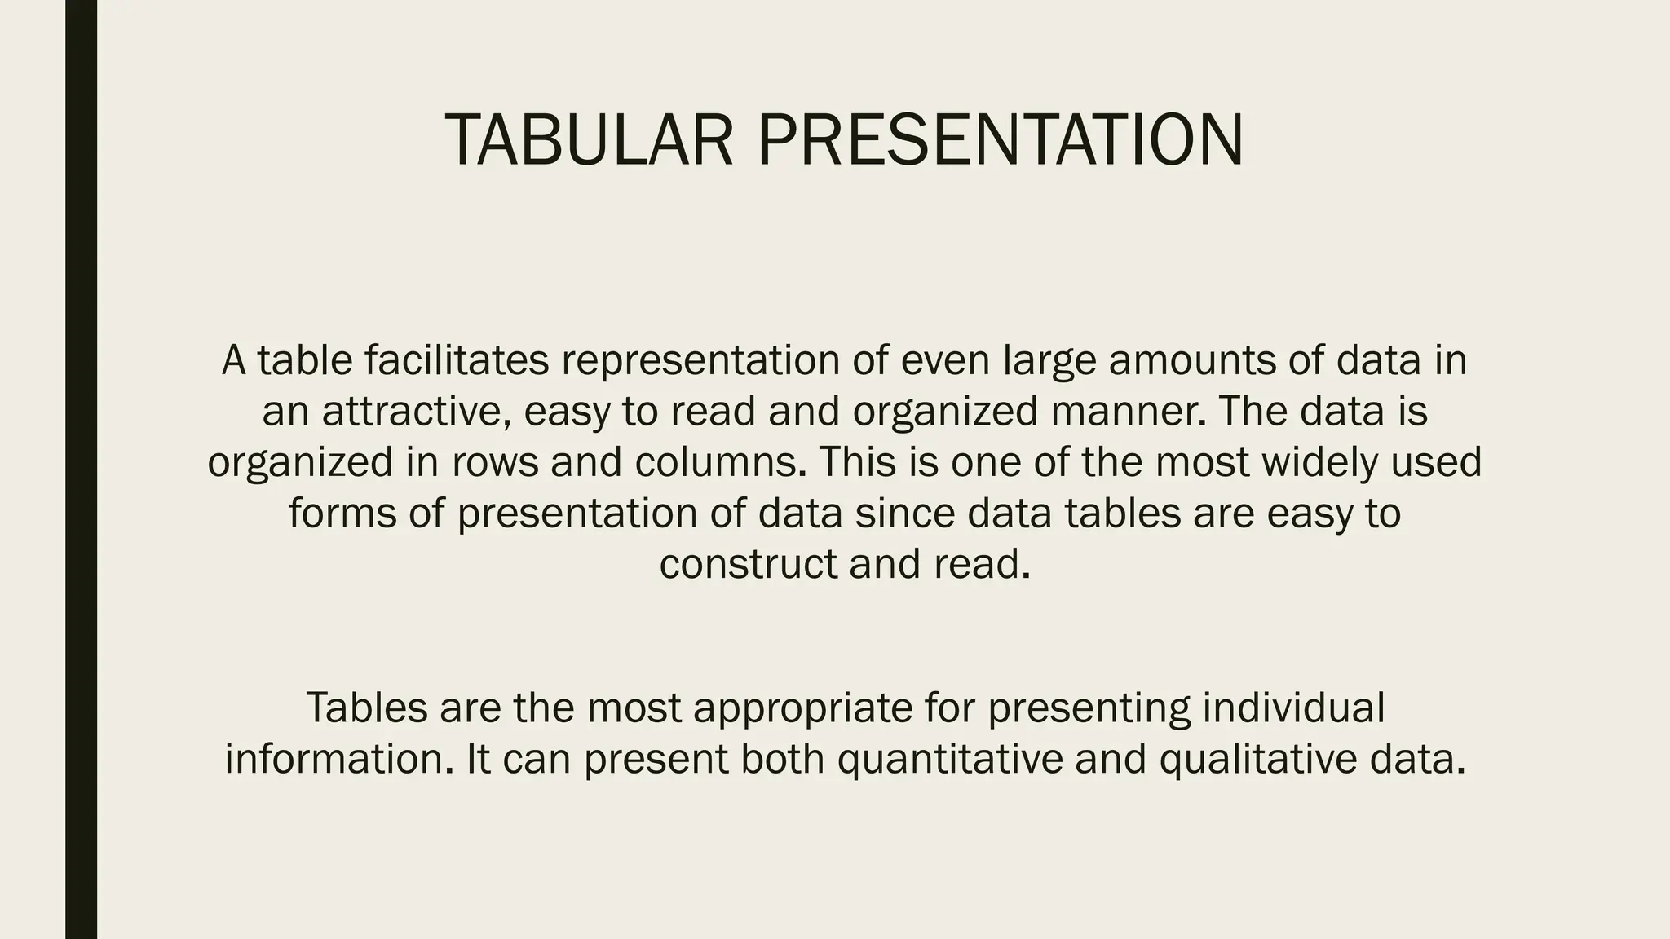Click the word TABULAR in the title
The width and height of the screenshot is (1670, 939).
pyautogui.click(x=589, y=140)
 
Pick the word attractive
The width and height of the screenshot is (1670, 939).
pyautogui.click(x=416, y=411)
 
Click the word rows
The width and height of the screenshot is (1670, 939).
pyautogui.click(x=495, y=461)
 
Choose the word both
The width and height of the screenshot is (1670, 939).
pyautogui.click(x=782, y=758)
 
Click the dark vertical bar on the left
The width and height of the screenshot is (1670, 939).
pyautogui.click(x=81, y=469)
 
